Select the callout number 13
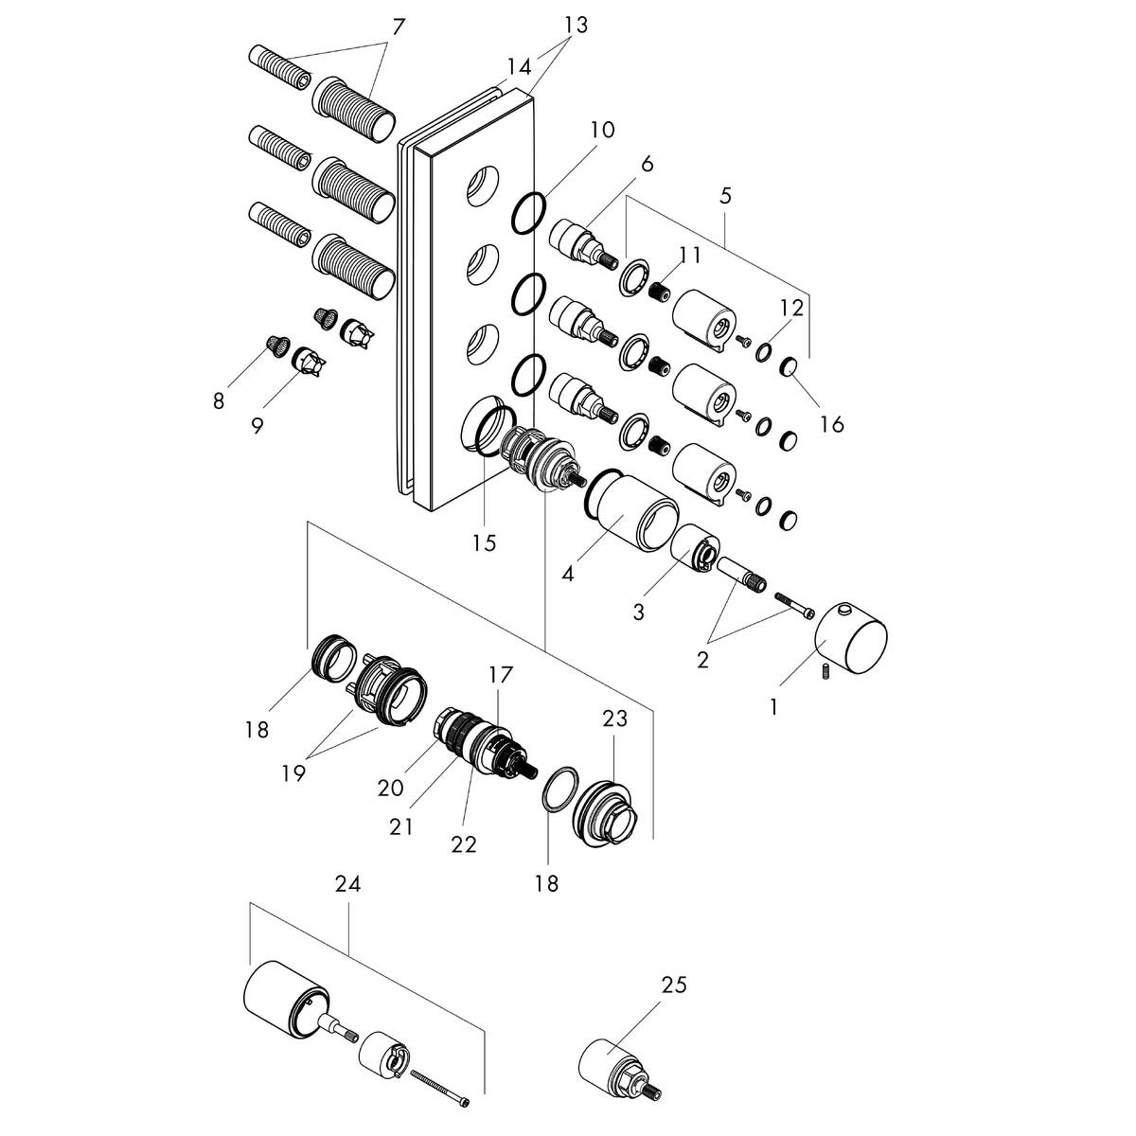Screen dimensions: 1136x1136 (576, 26)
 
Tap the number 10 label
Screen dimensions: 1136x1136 (602, 130)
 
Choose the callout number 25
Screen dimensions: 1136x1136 (674, 985)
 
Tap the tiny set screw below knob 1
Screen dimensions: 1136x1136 (823, 673)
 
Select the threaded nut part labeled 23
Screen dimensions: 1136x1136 (611, 809)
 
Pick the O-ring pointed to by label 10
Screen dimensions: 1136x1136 (529, 213)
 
